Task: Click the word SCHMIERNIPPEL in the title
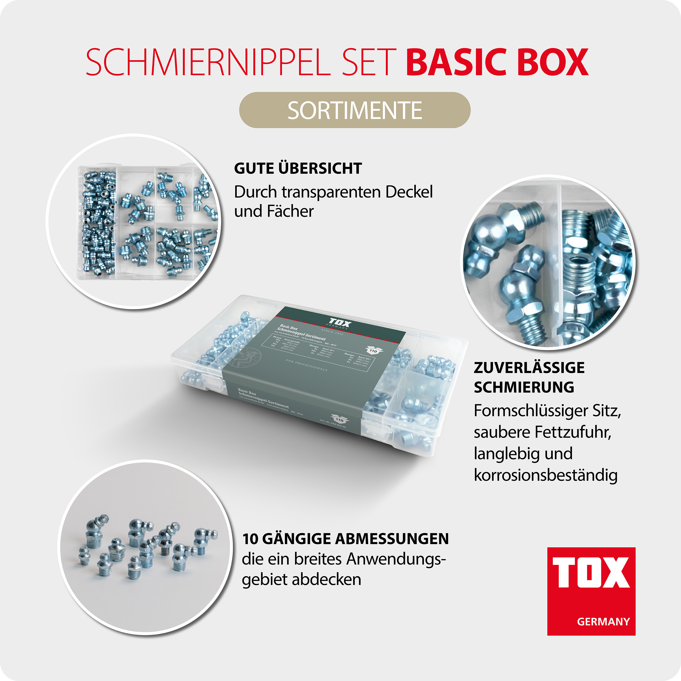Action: click(x=208, y=62)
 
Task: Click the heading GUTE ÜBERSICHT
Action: click(x=298, y=168)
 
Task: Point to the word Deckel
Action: click(x=409, y=192)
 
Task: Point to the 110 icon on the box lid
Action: click(x=373, y=350)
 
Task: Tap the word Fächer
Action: click(x=290, y=212)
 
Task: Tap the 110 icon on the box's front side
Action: click(x=339, y=419)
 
